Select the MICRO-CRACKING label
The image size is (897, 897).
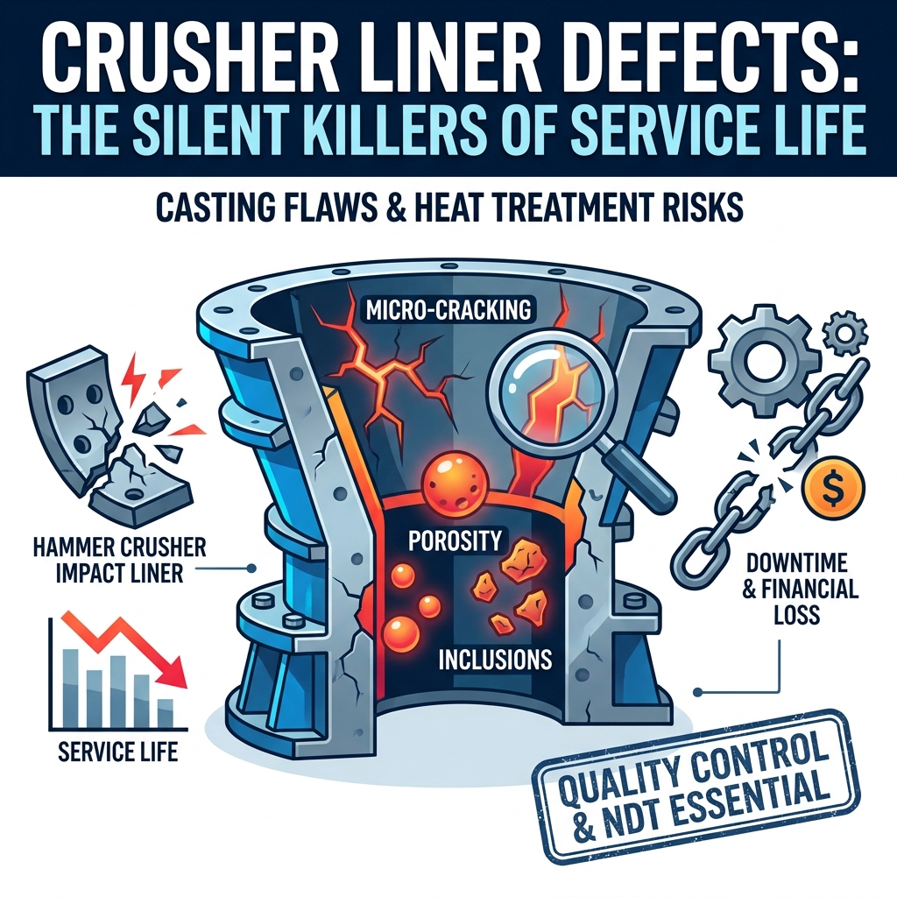click(448, 311)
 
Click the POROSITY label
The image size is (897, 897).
click(456, 540)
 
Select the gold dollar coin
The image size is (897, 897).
click(834, 487)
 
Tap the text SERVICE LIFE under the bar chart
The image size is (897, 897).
click(118, 751)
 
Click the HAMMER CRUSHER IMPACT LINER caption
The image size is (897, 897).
click(120, 560)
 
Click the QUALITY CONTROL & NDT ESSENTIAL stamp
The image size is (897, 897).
click(696, 788)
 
